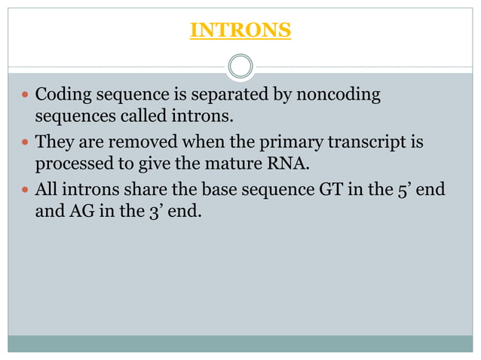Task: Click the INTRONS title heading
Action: [x=240, y=30]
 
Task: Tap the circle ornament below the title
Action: [x=240, y=66]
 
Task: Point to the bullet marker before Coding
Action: [x=26, y=96]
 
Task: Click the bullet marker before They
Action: [x=26, y=142]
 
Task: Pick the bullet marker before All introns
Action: [x=26, y=189]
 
